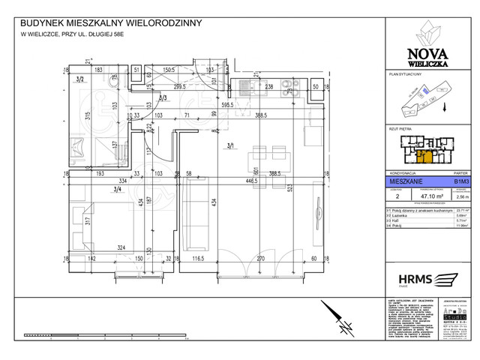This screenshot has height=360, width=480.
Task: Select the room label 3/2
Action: point(79,78)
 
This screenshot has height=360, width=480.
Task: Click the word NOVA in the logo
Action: point(430,52)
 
